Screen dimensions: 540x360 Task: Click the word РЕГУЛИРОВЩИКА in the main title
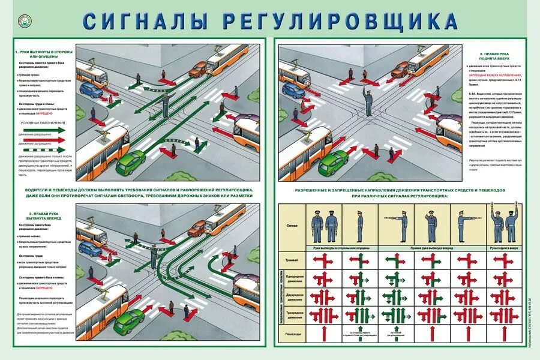pos(341,20)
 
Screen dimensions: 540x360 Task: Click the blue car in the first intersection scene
pos(91,91)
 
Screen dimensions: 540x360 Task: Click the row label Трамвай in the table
pos(292,260)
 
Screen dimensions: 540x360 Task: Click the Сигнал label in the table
pos(292,227)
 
